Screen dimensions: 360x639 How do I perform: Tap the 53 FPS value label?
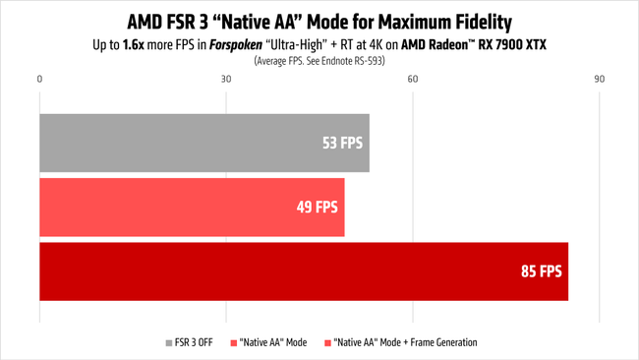[342, 143]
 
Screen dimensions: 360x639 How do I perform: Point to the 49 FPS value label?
[317, 207]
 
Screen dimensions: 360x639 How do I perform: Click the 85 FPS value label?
[541, 270]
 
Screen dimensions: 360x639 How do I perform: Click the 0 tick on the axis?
[39, 79]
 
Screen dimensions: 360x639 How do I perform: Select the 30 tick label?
[226, 79]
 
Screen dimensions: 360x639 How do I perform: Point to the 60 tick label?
[413, 79]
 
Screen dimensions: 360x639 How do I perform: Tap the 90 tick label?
[599, 79]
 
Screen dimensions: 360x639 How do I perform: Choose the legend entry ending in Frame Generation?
[405, 342]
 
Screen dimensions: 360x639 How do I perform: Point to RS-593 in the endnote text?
[369, 60]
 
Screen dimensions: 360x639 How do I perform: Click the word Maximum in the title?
[398, 20]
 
